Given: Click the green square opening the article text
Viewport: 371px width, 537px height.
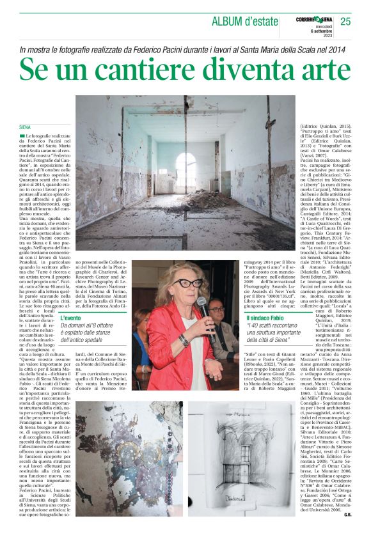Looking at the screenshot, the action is click(x=22, y=137).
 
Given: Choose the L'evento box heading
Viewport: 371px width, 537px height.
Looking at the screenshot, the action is click(x=71, y=318).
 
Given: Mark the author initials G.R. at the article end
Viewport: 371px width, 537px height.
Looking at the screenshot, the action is click(x=346, y=530).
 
